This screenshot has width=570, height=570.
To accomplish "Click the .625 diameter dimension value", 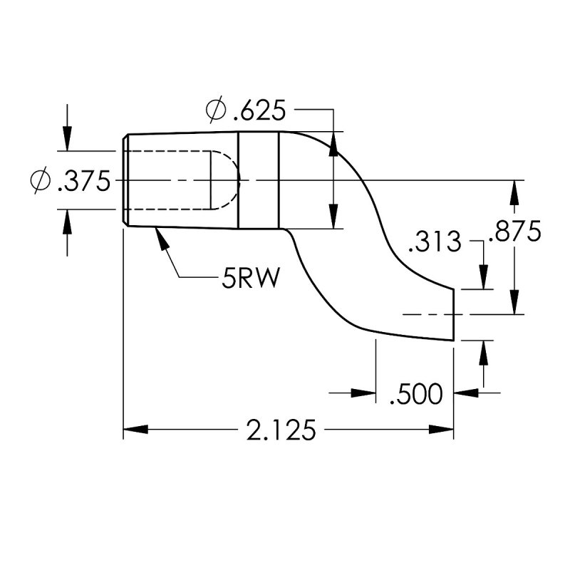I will tap(259, 110).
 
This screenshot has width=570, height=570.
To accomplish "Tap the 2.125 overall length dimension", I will tap(281, 430).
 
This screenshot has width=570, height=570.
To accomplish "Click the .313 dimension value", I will tap(435, 242).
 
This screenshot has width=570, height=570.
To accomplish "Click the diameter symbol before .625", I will tap(216, 110).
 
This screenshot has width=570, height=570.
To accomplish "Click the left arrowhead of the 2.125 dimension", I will tap(133, 430).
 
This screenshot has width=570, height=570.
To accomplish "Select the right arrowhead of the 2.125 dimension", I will tap(445, 430).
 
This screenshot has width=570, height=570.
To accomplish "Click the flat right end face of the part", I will tap(454, 313).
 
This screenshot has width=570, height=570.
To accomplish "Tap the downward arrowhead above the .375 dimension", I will tap(67, 142).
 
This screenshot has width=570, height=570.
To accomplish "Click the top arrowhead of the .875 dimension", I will tap(514, 188).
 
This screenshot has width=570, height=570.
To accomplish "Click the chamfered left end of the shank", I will tap(125, 180).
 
